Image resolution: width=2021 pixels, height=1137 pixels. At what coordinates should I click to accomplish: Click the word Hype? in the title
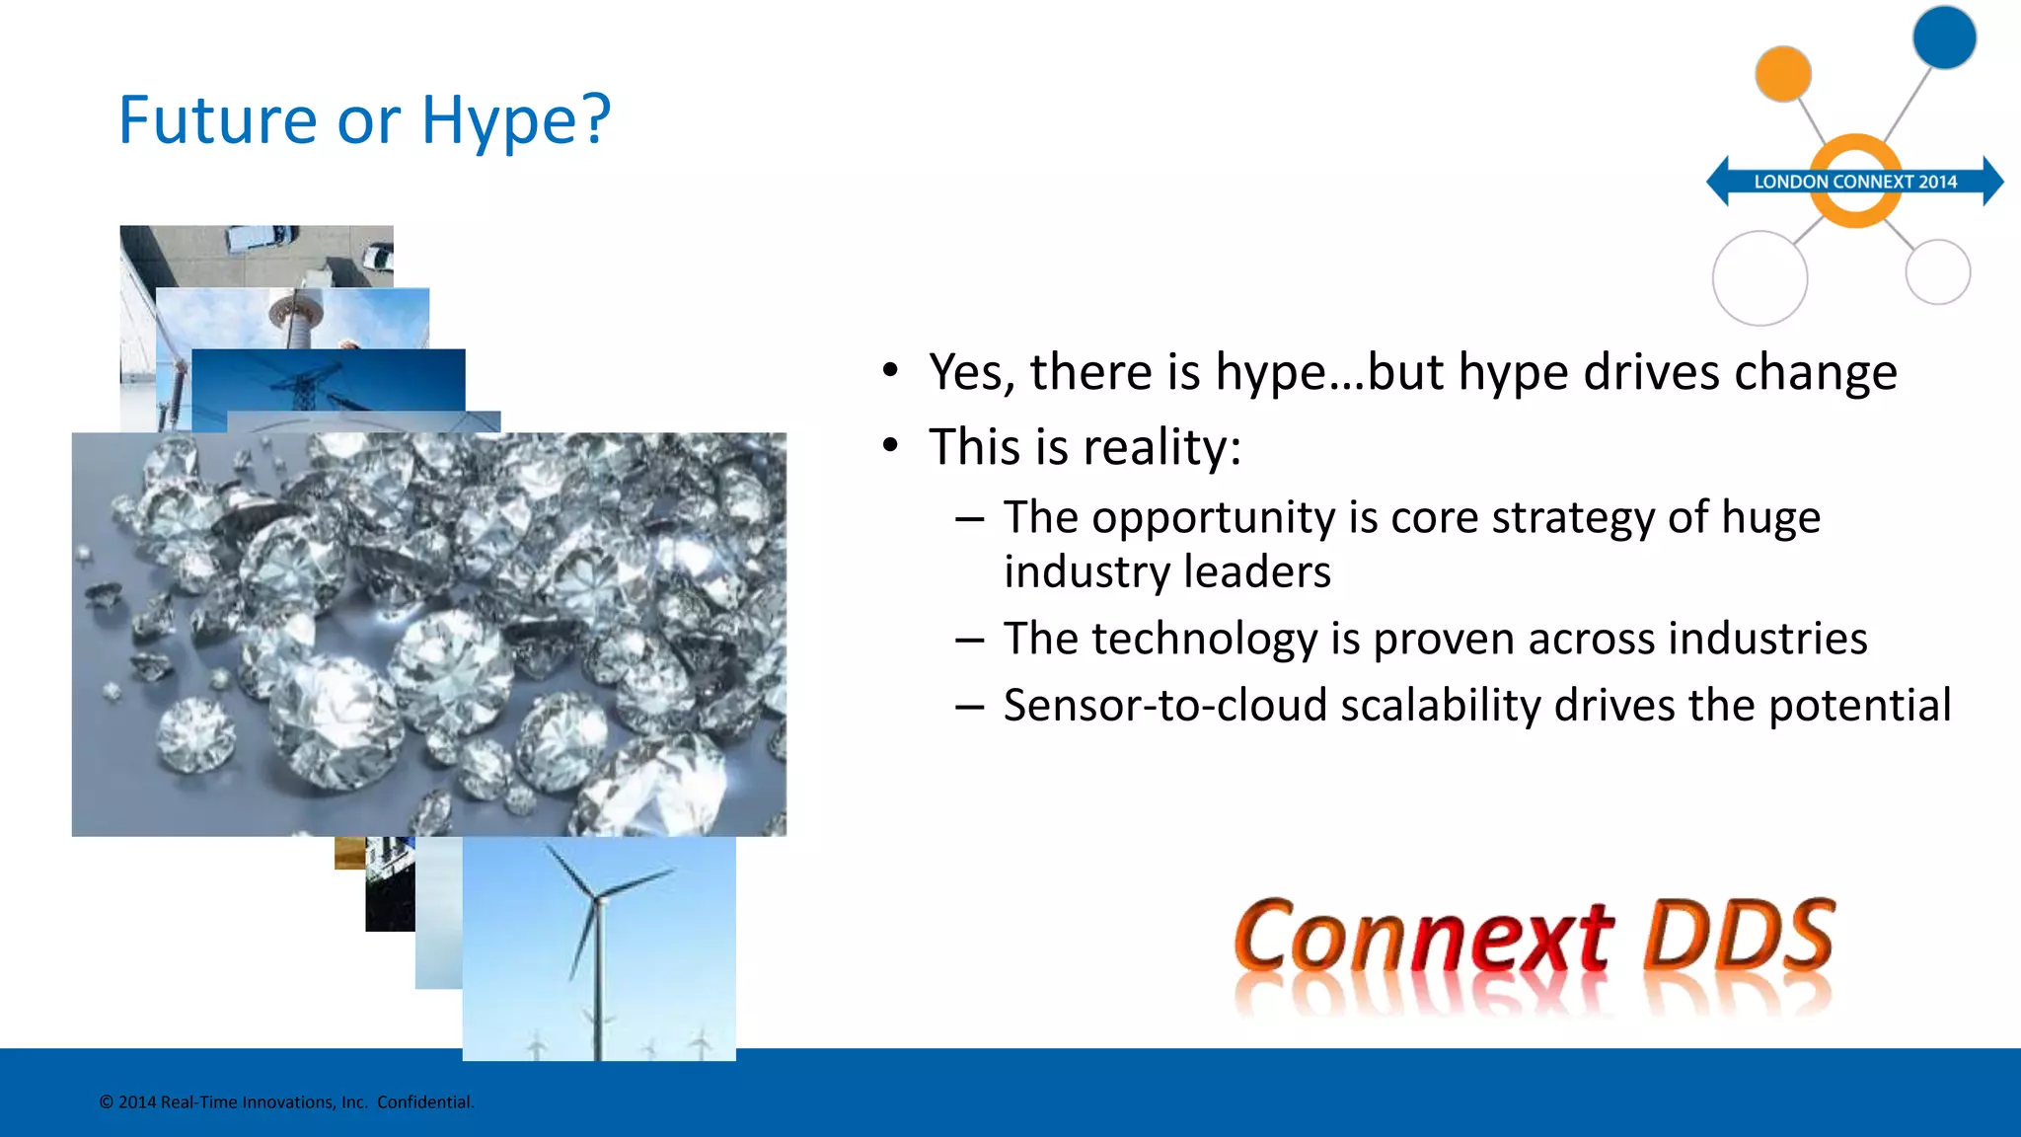[515, 120]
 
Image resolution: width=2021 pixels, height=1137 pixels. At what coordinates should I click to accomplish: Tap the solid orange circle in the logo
[1782, 74]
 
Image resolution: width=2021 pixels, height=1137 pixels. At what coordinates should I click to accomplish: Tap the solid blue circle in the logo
[1944, 38]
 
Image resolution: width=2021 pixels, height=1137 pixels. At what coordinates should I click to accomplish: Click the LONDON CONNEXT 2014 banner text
[1854, 182]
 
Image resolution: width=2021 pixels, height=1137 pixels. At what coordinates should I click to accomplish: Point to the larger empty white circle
[1759, 278]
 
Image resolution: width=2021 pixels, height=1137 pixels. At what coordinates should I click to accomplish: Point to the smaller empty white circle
[1937, 272]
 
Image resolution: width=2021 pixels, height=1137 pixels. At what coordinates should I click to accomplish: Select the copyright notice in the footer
[286, 1102]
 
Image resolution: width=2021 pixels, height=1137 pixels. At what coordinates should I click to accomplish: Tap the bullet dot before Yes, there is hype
[890, 371]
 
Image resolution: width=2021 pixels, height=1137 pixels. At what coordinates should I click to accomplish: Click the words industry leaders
[1166, 572]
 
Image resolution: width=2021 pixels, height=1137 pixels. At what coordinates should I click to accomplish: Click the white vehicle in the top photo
[259, 239]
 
